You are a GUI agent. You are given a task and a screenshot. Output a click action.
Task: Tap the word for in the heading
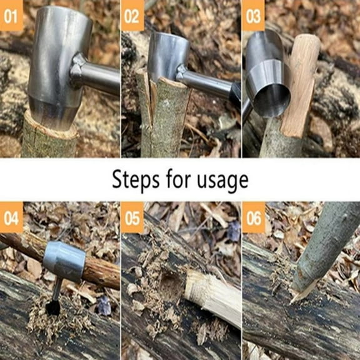[175, 179]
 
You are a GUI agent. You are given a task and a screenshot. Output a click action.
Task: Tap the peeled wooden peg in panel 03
[301, 81]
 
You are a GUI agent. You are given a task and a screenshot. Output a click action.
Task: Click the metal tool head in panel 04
[64, 261]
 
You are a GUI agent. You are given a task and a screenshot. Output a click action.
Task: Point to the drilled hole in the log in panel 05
[170, 284]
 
